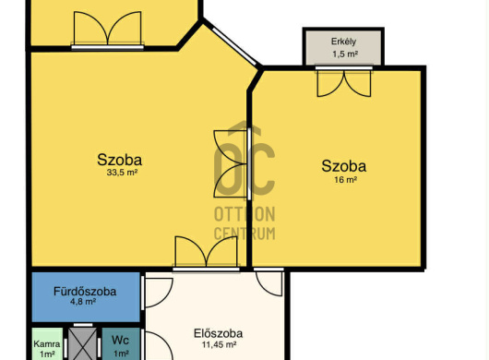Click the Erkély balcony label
click(343, 42)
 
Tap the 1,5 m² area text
click(345, 54)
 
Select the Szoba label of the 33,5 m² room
click(119, 160)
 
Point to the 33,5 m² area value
click(122, 173)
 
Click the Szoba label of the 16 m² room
click(343, 166)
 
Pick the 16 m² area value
click(346, 180)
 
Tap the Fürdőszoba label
click(85, 292)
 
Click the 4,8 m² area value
click(83, 302)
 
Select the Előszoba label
click(218, 333)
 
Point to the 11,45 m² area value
click(219, 344)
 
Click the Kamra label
click(47, 344)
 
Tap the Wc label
click(120, 340)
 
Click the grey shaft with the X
click(82, 343)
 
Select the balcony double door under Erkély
click(344, 82)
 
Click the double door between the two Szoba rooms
click(233, 163)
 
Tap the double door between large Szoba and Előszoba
click(206, 254)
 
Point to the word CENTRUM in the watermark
click(244, 234)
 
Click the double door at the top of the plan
click(108, 30)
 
